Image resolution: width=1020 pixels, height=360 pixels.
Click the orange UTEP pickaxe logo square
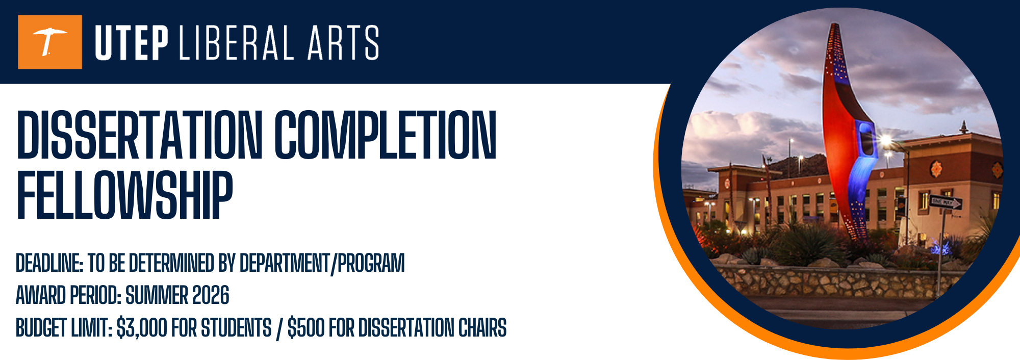tap(49, 42)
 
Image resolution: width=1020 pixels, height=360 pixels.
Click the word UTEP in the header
tap(132, 43)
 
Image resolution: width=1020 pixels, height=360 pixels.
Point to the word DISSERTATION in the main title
tap(139, 135)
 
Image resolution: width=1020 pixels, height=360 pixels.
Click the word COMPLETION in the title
tap(386, 135)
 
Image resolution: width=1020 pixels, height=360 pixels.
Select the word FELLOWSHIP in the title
tap(125, 195)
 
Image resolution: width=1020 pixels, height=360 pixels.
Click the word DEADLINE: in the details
tap(49, 264)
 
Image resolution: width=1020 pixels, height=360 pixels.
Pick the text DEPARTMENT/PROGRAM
tap(322, 264)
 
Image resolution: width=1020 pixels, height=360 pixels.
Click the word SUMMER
tap(157, 296)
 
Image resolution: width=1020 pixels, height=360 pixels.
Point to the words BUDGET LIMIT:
tap(64, 328)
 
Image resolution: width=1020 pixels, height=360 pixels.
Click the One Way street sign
tap(945, 202)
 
